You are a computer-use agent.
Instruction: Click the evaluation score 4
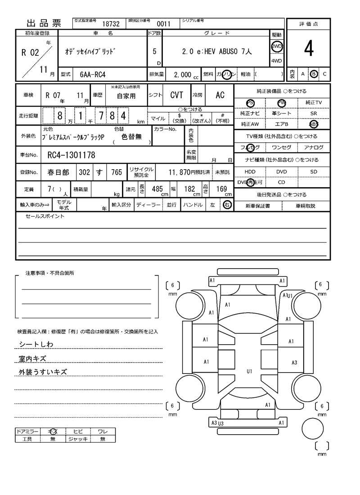coord(308,50)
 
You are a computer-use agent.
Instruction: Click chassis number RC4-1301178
coord(71,156)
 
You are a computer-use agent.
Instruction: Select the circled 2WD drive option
coord(276,46)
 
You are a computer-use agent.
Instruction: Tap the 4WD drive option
coord(276,61)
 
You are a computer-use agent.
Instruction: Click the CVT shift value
coord(176,95)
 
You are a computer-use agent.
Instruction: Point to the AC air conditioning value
coord(220,95)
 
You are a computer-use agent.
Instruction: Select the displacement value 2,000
coord(182,75)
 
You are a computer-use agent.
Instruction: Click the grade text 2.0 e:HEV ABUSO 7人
coord(217,51)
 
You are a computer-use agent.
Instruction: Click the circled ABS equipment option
coord(314,124)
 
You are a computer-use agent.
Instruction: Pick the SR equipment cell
coord(314,113)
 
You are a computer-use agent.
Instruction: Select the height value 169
coord(221,189)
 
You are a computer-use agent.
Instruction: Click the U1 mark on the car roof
coord(249,371)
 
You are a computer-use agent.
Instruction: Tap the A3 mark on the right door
coord(294,362)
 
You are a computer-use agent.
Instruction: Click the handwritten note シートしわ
coord(36,344)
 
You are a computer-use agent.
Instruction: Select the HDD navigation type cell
coord(250,171)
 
